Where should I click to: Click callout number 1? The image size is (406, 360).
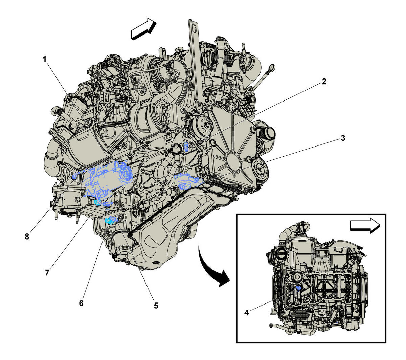(44, 59)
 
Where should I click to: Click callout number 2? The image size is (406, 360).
(324, 81)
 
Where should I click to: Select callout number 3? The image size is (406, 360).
(342, 138)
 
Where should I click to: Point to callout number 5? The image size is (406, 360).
(156, 306)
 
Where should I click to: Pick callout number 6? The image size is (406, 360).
(81, 303)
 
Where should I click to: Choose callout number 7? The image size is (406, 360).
(47, 272)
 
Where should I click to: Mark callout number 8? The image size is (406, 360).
(27, 237)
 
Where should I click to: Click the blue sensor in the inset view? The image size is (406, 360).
(298, 288)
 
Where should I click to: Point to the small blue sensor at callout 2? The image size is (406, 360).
(186, 147)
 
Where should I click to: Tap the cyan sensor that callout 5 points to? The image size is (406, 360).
(110, 221)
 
